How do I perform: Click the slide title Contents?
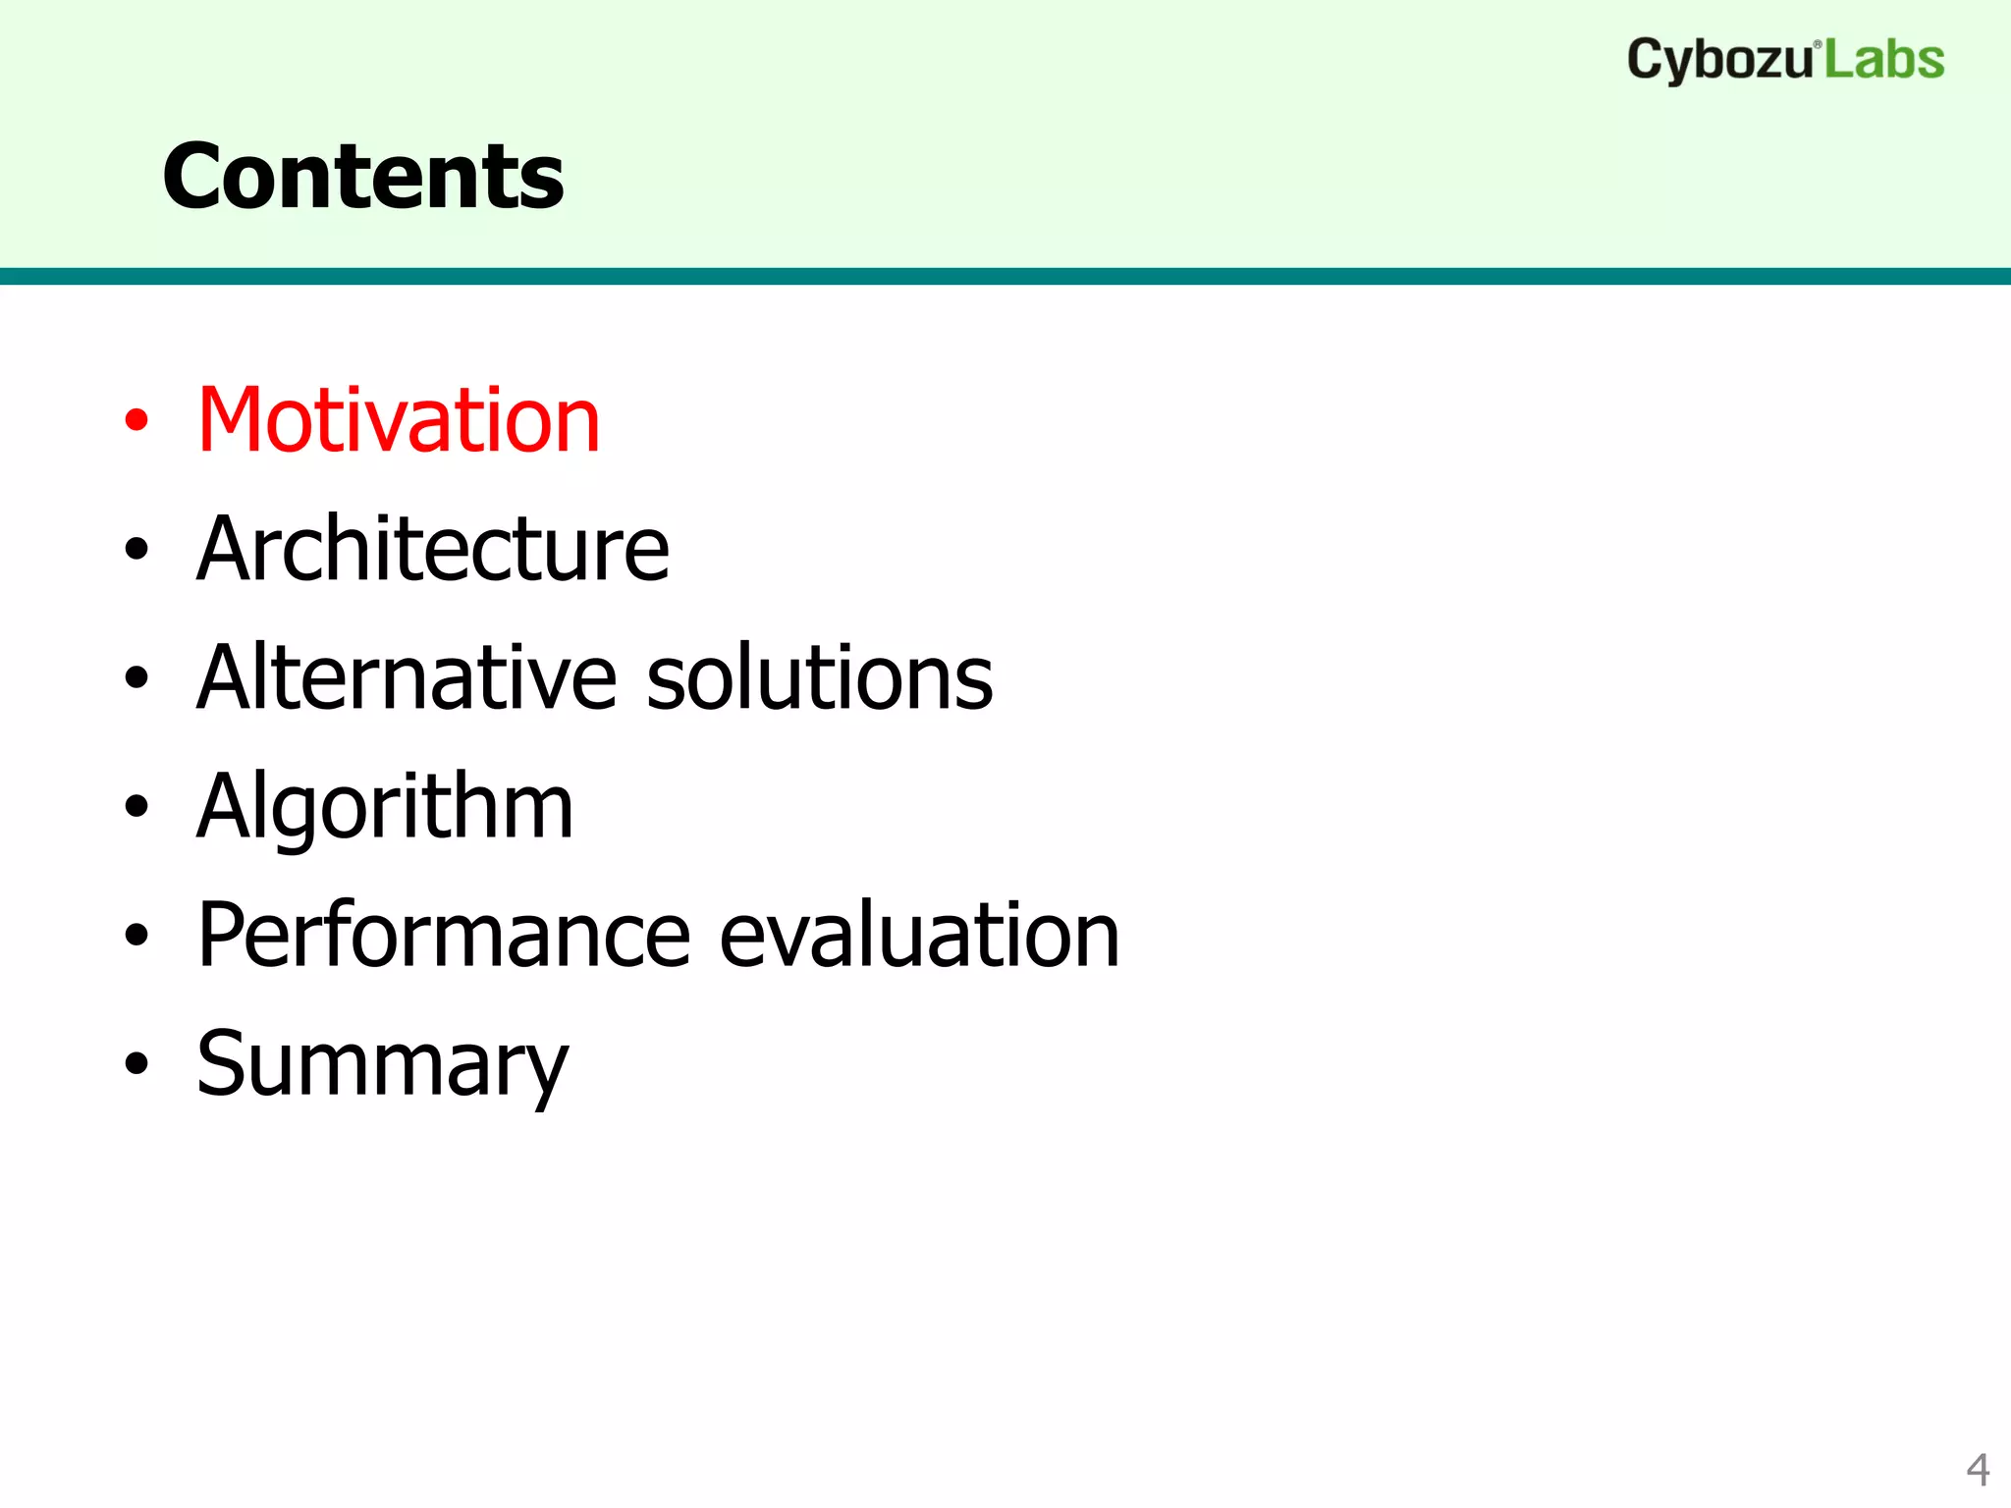tap(363, 177)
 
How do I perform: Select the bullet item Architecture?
tap(432, 550)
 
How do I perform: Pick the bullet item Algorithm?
tap(385, 807)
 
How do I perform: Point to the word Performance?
tap(444, 936)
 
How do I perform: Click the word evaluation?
tap(919, 936)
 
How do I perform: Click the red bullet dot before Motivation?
tap(136, 421)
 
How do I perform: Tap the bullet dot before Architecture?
tap(136, 550)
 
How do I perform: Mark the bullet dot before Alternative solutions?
tap(136, 678)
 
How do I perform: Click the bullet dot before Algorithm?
tap(136, 807)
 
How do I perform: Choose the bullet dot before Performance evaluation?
tap(136, 936)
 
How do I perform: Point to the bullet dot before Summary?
tap(136, 1064)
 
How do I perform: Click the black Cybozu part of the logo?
tap(1718, 61)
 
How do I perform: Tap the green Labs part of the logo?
tap(1884, 61)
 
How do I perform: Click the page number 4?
tap(1978, 1470)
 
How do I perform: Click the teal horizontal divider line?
tap(1005, 276)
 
